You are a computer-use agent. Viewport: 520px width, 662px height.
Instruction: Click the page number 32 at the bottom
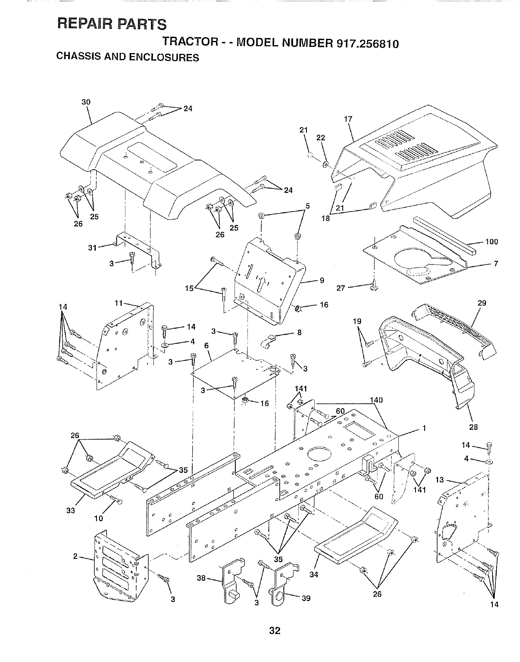coord(274,631)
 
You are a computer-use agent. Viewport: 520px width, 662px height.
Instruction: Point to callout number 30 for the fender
coord(86,102)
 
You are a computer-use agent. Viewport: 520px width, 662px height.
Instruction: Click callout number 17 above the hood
coord(348,119)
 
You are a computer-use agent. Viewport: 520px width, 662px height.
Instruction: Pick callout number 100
coord(492,242)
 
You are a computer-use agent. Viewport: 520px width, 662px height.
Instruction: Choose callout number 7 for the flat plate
coord(496,264)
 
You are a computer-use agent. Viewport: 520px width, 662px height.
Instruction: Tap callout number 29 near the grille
coord(482,303)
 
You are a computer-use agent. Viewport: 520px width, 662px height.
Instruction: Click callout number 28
coord(474,427)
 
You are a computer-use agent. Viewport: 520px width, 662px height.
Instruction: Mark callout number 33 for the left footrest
coord(71,510)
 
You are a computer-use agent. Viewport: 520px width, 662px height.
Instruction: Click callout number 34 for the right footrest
coord(314,575)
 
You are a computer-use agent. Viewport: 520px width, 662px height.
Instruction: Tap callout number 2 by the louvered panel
coord(76,556)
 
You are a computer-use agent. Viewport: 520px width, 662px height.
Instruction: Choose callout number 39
coord(306,598)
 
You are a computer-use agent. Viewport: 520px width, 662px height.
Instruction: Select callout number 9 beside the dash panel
coord(321,280)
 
